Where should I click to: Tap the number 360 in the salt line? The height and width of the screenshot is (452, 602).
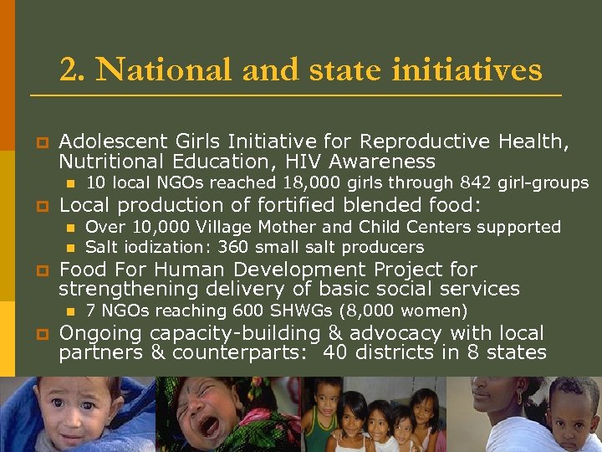click(x=232, y=247)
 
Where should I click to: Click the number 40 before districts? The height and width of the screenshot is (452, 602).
click(x=335, y=352)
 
